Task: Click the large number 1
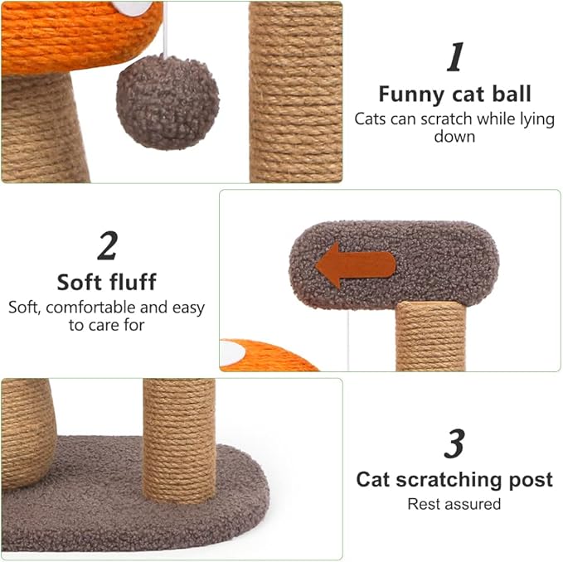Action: coord(454,59)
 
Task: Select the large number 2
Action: coord(107,245)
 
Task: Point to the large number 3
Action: coord(454,444)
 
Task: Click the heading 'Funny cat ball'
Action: coord(454,94)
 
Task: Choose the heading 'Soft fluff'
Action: coord(106,282)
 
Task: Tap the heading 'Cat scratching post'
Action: coord(454,479)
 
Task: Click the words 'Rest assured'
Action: coord(454,503)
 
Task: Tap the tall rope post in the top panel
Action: coord(295,91)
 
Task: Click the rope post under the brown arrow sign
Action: coord(430,336)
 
